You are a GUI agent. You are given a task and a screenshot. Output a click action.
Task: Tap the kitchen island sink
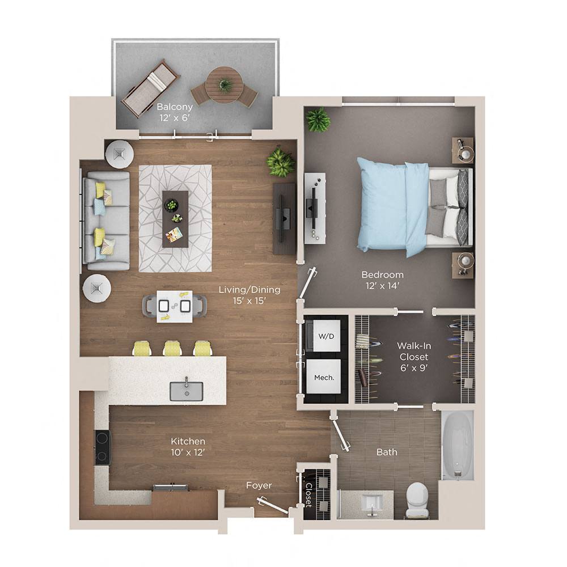(x=187, y=391)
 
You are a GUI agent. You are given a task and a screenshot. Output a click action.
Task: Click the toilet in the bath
(x=418, y=500)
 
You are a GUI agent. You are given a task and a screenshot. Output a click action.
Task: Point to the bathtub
(x=458, y=445)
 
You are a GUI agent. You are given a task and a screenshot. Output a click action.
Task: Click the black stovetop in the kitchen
(x=103, y=447)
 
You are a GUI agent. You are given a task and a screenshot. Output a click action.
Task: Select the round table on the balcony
(x=225, y=85)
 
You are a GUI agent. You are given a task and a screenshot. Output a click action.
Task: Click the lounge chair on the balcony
(x=150, y=88)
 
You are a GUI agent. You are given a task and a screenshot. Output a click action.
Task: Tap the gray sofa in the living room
(x=105, y=221)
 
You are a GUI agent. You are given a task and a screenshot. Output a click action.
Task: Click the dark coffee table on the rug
(x=175, y=218)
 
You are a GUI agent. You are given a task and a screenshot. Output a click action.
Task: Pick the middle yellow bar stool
(x=172, y=348)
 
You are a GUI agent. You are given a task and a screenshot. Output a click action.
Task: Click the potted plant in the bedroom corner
(x=318, y=120)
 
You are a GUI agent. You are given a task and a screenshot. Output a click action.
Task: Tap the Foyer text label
(x=259, y=485)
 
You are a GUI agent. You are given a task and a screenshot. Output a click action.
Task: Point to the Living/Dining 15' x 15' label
(x=249, y=295)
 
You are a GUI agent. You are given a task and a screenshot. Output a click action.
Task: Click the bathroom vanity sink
(x=371, y=504)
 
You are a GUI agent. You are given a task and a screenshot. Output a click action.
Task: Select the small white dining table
(x=174, y=306)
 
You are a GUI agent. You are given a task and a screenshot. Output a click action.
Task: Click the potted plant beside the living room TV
(x=281, y=162)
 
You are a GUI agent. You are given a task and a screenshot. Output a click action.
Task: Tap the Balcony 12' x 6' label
(x=175, y=112)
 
